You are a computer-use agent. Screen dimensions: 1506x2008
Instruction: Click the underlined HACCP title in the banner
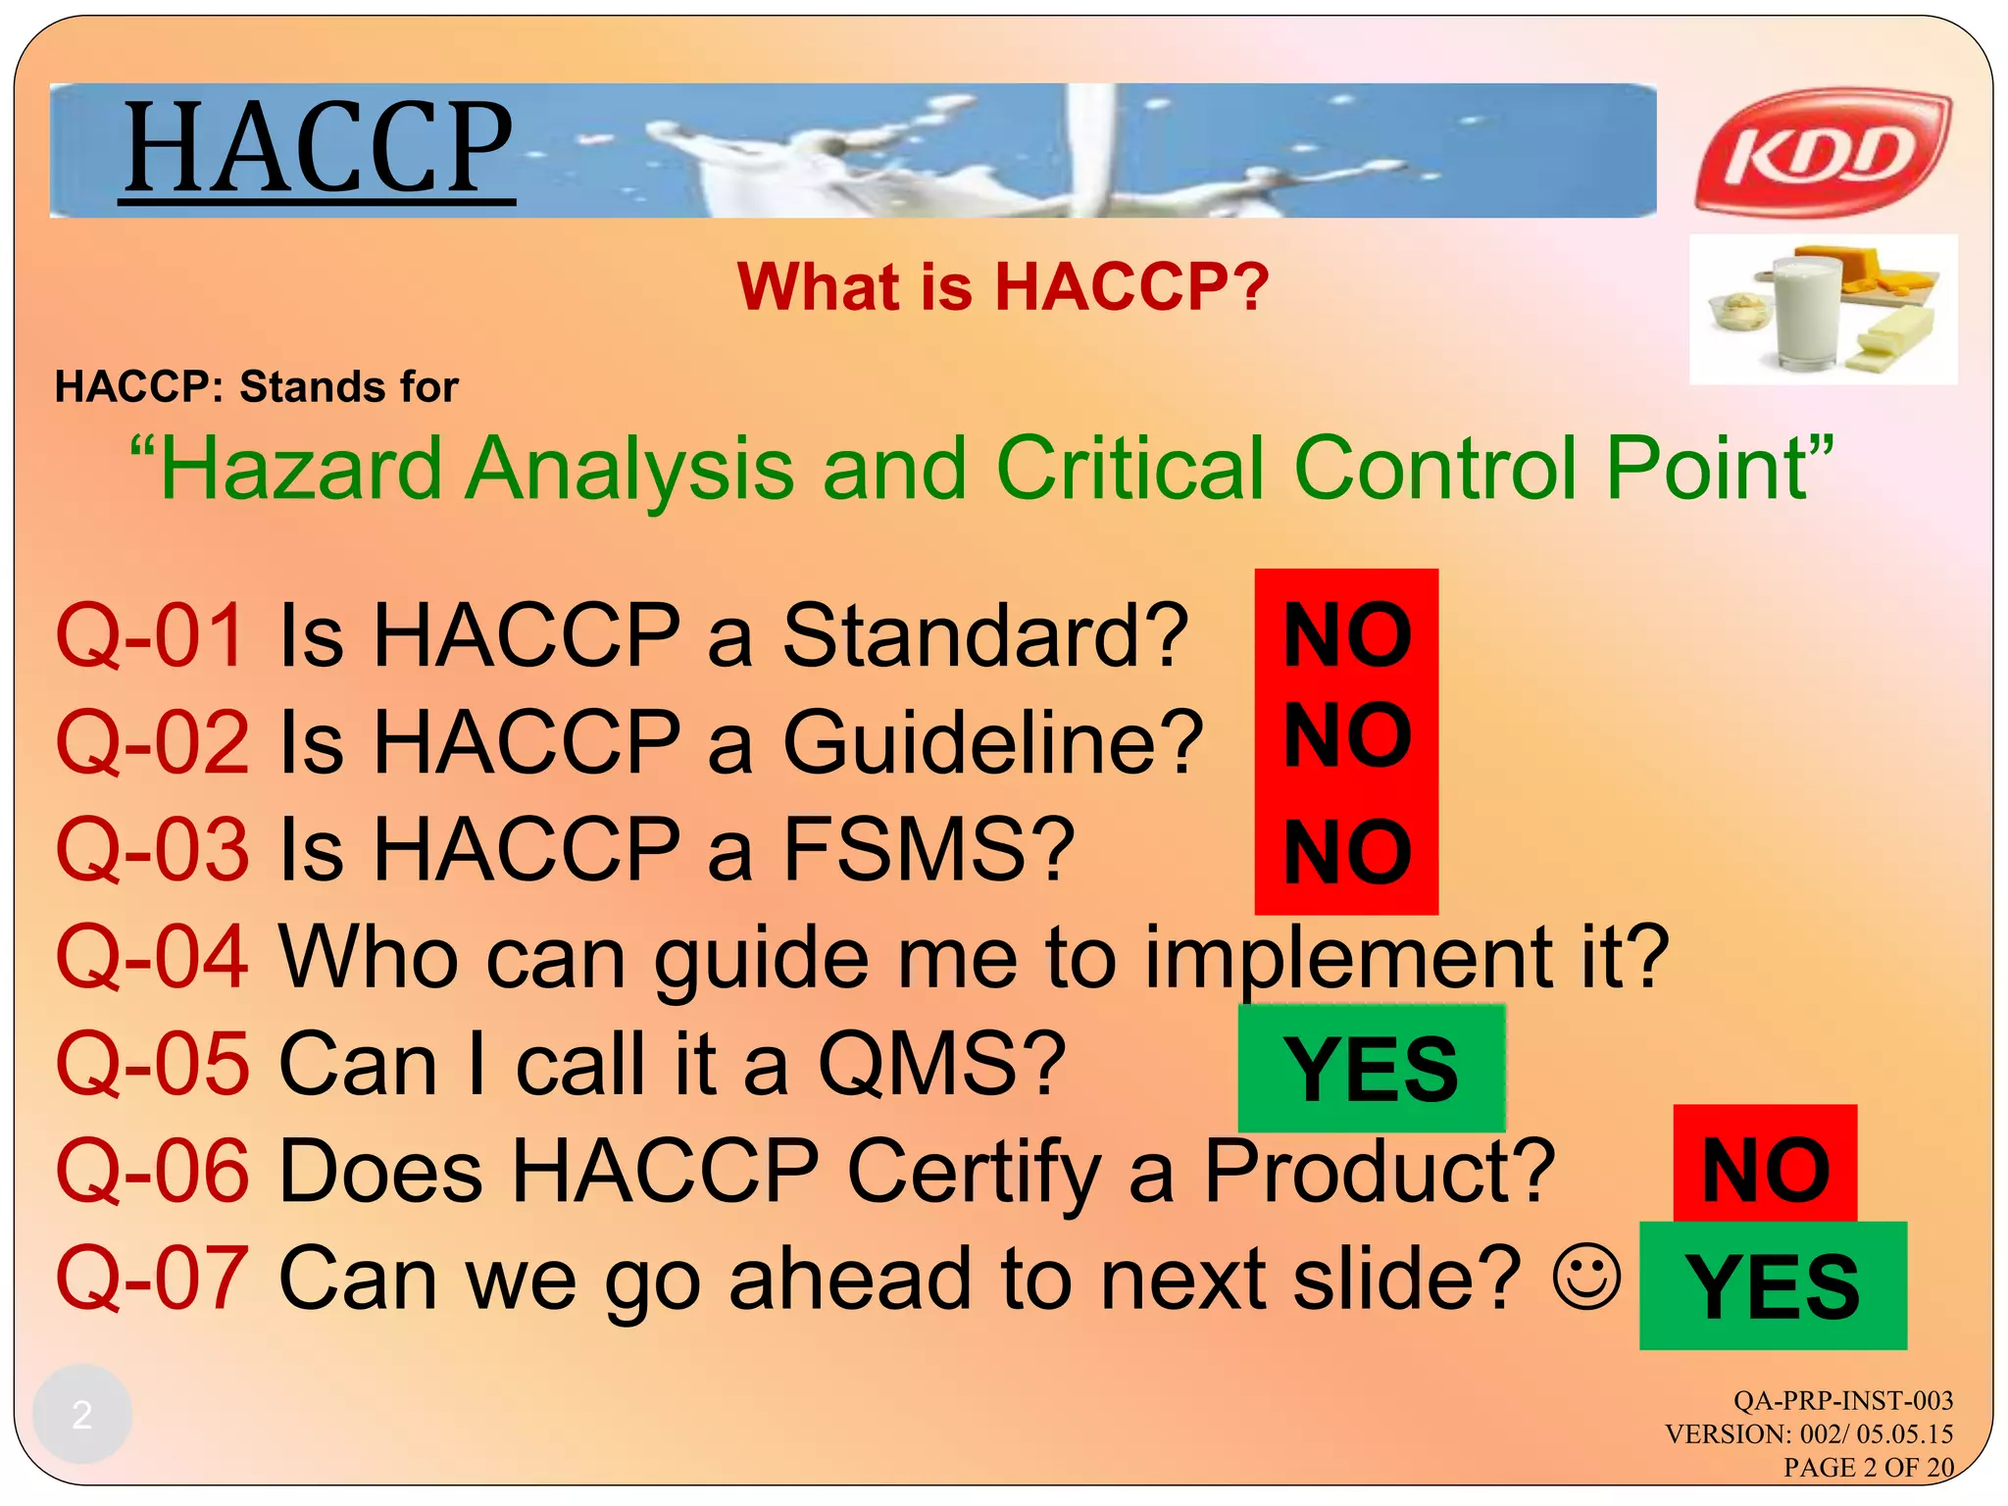tap(318, 149)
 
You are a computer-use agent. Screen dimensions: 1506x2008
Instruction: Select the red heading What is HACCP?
tap(1002, 287)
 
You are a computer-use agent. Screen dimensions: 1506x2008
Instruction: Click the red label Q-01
tap(150, 636)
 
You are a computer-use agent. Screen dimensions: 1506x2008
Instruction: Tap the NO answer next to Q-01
tap(1346, 636)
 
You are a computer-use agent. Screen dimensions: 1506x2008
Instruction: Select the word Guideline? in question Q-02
tap(992, 742)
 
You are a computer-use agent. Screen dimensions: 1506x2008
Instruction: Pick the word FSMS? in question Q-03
tap(929, 849)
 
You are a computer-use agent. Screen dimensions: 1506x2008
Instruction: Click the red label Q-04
tap(152, 957)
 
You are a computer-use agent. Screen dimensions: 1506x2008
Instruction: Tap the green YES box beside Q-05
tap(1371, 1069)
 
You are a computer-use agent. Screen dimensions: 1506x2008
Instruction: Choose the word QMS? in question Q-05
tap(941, 1064)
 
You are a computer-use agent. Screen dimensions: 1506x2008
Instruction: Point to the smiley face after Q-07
tap(1585, 1277)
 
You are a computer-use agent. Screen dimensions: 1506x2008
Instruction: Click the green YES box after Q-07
tap(1772, 1286)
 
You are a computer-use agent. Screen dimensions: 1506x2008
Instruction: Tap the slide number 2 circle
tap(82, 1414)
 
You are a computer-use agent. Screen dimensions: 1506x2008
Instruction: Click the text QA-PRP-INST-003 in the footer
tap(1842, 1400)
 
